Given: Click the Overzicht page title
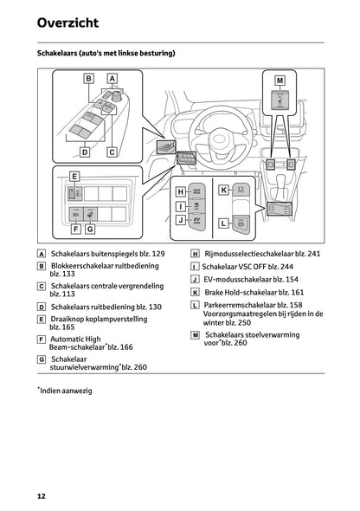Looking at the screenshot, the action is coord(67,23).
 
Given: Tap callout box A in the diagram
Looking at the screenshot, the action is coord(112,79).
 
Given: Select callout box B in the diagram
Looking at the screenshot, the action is coord(88,79).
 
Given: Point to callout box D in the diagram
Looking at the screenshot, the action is coord(85,152).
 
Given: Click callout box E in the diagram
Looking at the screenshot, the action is coord(74,177).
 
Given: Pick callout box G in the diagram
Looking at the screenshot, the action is coord(90,230).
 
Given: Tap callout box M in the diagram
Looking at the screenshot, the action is coord(280,81).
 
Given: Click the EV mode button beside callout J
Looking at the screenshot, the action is coord(196,221).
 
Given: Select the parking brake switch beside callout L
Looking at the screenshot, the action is coord(241,224).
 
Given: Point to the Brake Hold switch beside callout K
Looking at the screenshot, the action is coord(241,189).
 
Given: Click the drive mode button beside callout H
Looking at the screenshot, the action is coord(196,191).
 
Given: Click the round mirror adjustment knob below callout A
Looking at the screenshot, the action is coord(117,96).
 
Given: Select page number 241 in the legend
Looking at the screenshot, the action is coord(314,254).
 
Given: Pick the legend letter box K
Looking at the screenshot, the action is coord(195,293).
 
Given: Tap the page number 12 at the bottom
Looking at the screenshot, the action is coord(42,496).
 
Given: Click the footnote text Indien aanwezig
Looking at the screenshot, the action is coord(66,391).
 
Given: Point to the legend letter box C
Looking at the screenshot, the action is coord(42,286).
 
